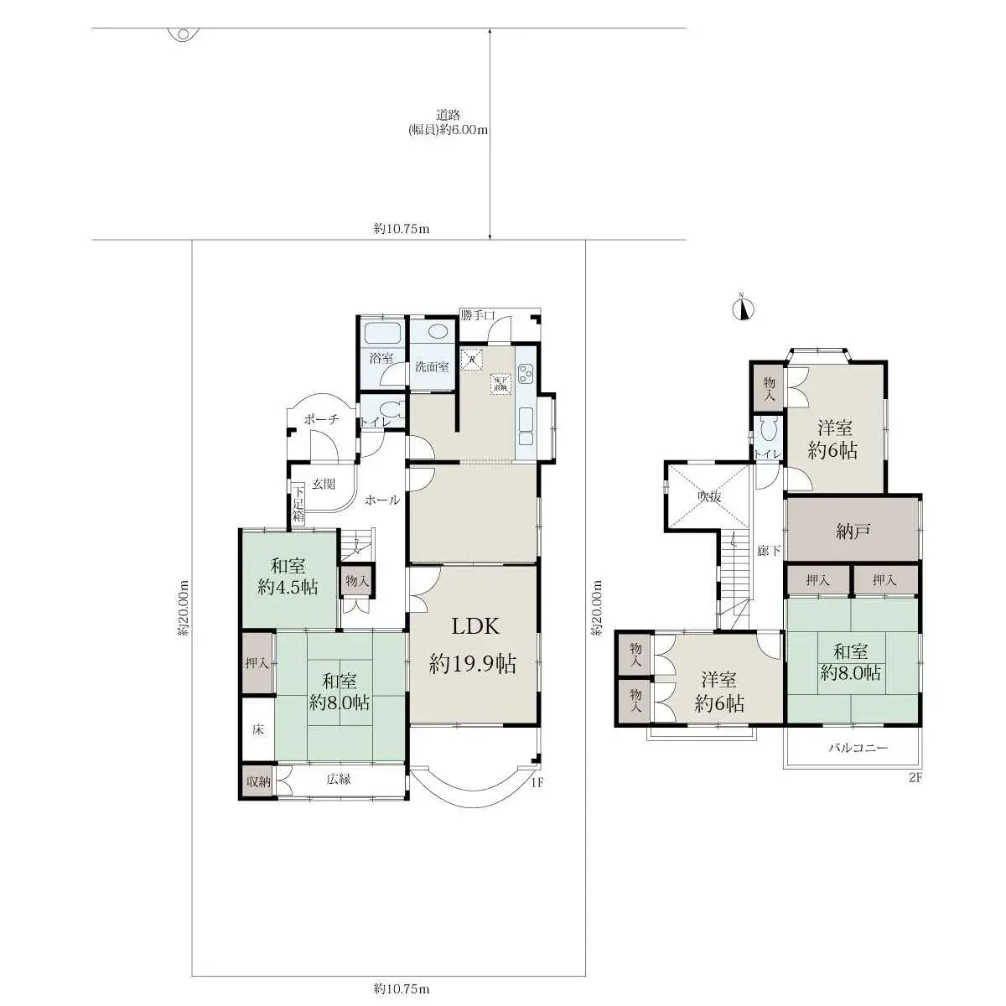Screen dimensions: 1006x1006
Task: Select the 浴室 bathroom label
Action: point(381,358)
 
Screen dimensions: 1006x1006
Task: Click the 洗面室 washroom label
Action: point(432,366)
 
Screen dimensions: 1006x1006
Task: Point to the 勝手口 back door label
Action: point(478,316)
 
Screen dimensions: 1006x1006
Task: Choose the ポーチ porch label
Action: point(321,420)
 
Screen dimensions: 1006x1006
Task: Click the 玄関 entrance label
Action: point(324,484)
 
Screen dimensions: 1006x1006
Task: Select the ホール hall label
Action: point(382,500)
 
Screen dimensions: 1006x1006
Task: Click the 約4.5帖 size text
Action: point(288,587)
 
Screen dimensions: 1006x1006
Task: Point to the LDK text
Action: point(475,626)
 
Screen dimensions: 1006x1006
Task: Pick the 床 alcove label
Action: point(258,729)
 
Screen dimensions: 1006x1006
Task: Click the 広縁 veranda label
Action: point(339,779)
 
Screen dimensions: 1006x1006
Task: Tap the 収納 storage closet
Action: point(257,781)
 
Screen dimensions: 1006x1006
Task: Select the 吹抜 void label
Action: point(709,496)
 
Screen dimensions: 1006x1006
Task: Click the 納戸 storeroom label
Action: point(852,530)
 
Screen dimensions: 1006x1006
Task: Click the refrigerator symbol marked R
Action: point(473,359)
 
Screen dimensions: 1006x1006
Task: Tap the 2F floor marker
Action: point(915,777)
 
